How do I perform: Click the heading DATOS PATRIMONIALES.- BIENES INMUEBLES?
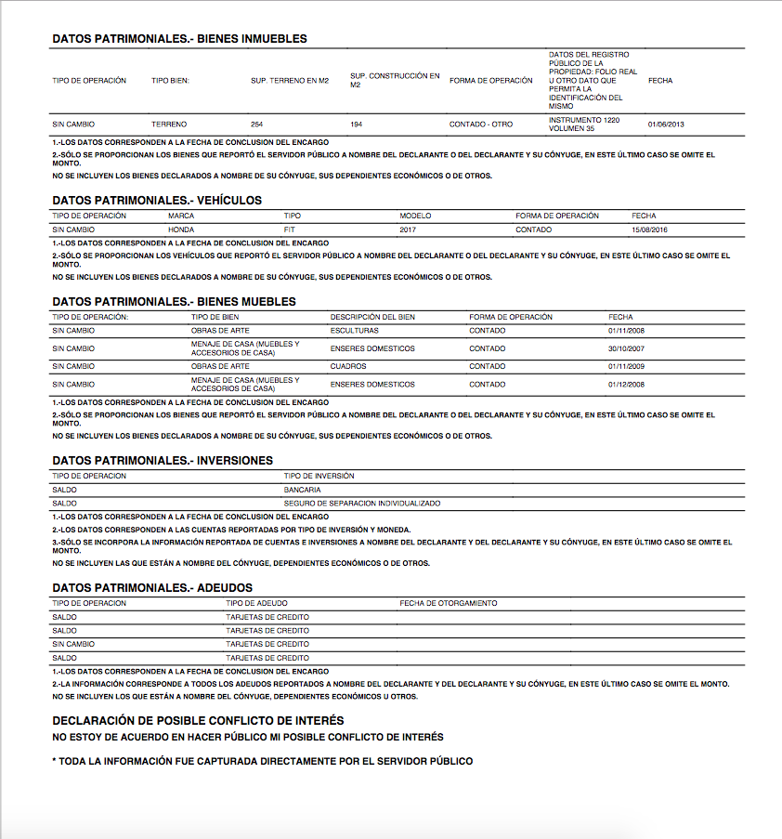click(179, 39)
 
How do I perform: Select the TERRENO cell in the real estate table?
click(169, 125)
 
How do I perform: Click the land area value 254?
click(257, 125)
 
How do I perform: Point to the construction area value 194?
click(357, 125)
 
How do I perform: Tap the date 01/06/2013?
click(666, 125)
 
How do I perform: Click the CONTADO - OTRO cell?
click(480, 125)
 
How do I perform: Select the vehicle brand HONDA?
click(181, 229)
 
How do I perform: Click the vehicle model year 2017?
click(408, 229)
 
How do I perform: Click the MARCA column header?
click(181, 216)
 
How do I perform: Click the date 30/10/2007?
click(626, 348)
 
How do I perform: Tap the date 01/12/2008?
click(626, 384)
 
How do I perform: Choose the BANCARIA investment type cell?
click(302, 490)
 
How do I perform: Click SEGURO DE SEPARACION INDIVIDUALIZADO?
click(362, 504)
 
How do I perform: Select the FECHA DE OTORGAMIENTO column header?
click(448, 603)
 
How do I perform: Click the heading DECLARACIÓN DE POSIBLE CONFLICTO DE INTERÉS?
click(198, 721)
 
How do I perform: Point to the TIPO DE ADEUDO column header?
click(256, 603)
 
